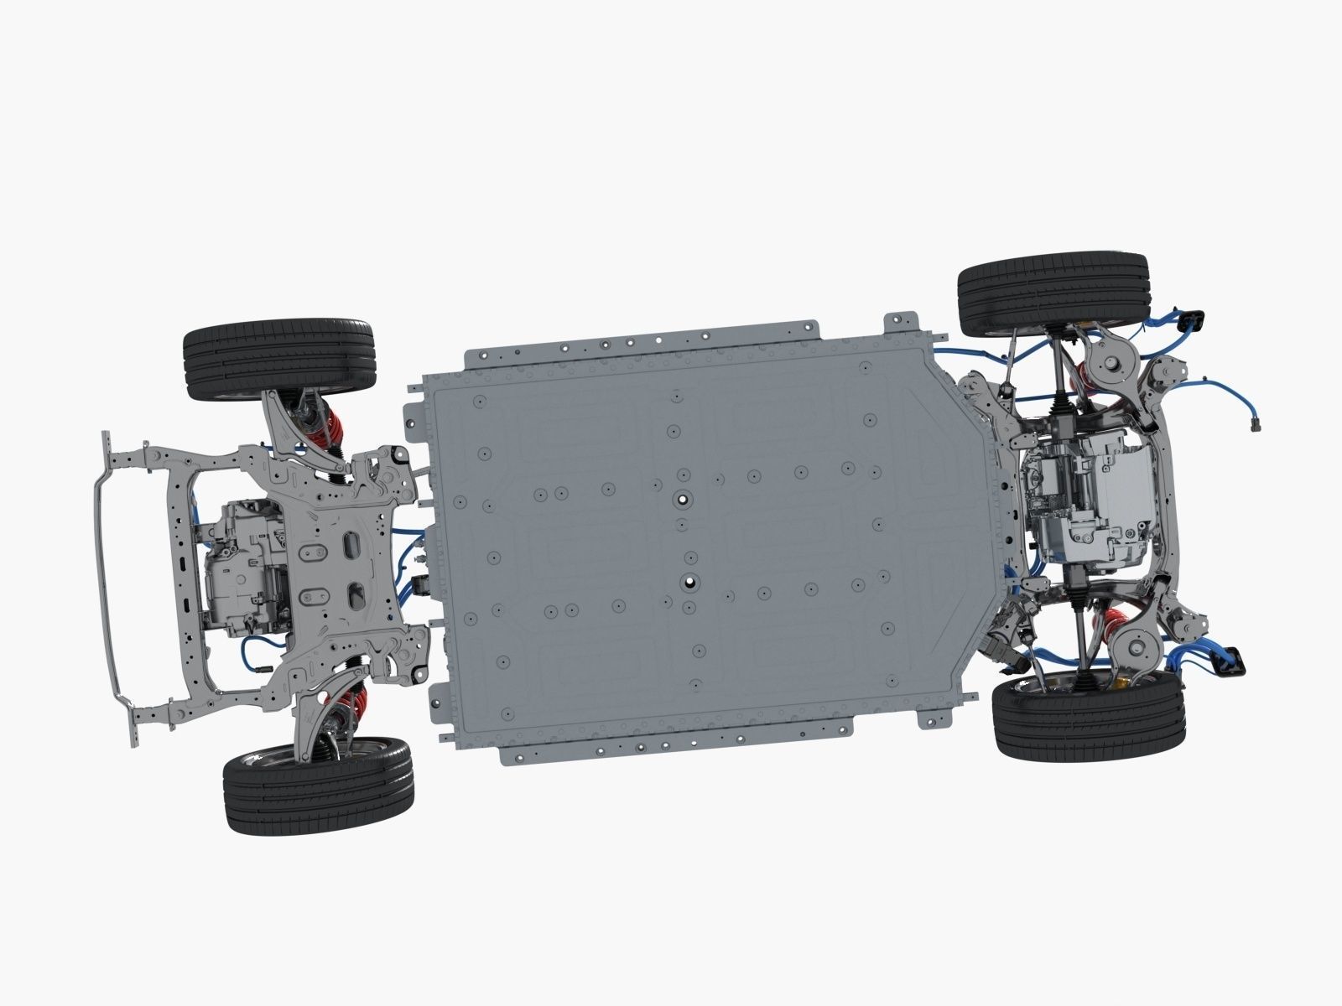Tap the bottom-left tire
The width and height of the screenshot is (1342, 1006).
318,786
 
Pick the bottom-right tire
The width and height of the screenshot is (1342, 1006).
1090,718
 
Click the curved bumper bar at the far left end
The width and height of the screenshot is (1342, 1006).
104,578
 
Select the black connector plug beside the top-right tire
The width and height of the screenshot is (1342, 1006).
1191,320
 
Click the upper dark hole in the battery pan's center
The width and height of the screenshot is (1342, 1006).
683,499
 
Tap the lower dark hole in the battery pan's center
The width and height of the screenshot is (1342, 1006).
689,580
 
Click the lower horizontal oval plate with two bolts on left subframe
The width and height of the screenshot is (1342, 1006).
317,596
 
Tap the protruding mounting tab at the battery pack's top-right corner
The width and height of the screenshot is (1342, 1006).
902,322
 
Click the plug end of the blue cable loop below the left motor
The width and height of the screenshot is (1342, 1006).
262,668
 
